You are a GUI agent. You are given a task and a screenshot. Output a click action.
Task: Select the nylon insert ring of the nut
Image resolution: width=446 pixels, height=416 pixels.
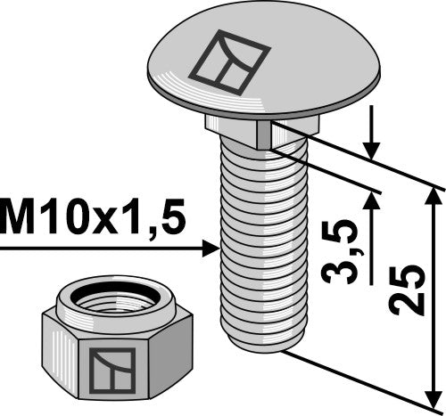tap(109, 291)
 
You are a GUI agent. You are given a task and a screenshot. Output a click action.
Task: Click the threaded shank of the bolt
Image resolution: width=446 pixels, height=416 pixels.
tap(260, 241)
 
